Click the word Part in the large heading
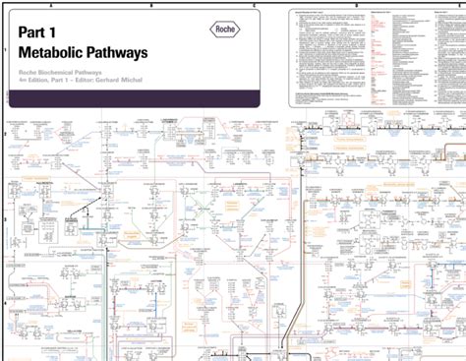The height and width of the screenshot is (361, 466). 37,32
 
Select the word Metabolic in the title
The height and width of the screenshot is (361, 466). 60,52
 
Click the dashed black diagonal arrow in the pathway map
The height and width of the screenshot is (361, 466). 93,207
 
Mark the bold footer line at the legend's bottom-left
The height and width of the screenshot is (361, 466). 324,96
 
